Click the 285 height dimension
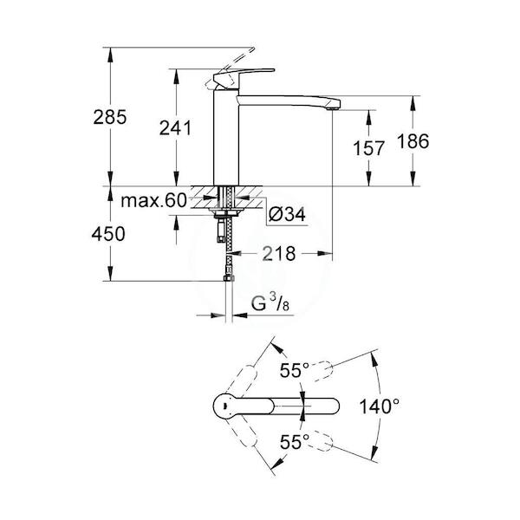pyautogui.click(x=110, y=117)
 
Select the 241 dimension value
pyautogui.click(x=175, y=128)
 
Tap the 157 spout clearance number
pyautogui.click(x=368, y=148)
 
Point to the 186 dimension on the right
pyautogui.click(x=413, y=141)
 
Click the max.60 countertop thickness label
pyautogui.click(x=154, y=201)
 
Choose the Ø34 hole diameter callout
pyautogui.click(x=287, y=214)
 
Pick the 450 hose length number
pyautogui.click(x=108, y=234)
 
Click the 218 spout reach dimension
pyautogui.click(x=278, y=254)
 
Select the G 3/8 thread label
pyautogui.click(x=270, y=303)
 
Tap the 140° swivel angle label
pyautogui.click(x=380, y=406)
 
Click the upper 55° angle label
pyautogui.click(x=295, y=370)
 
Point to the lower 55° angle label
pyautogui.click(x=295, y=441)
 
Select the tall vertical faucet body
pyautogui.click(x=226, y=136)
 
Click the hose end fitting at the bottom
pyautogui.click(x=229, y=277)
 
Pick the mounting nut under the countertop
pyautogui.click(x=224, y=213)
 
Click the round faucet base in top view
pyautogui.click(x=224, y=406)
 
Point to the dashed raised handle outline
pyautogui.click(x=230, y=69)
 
